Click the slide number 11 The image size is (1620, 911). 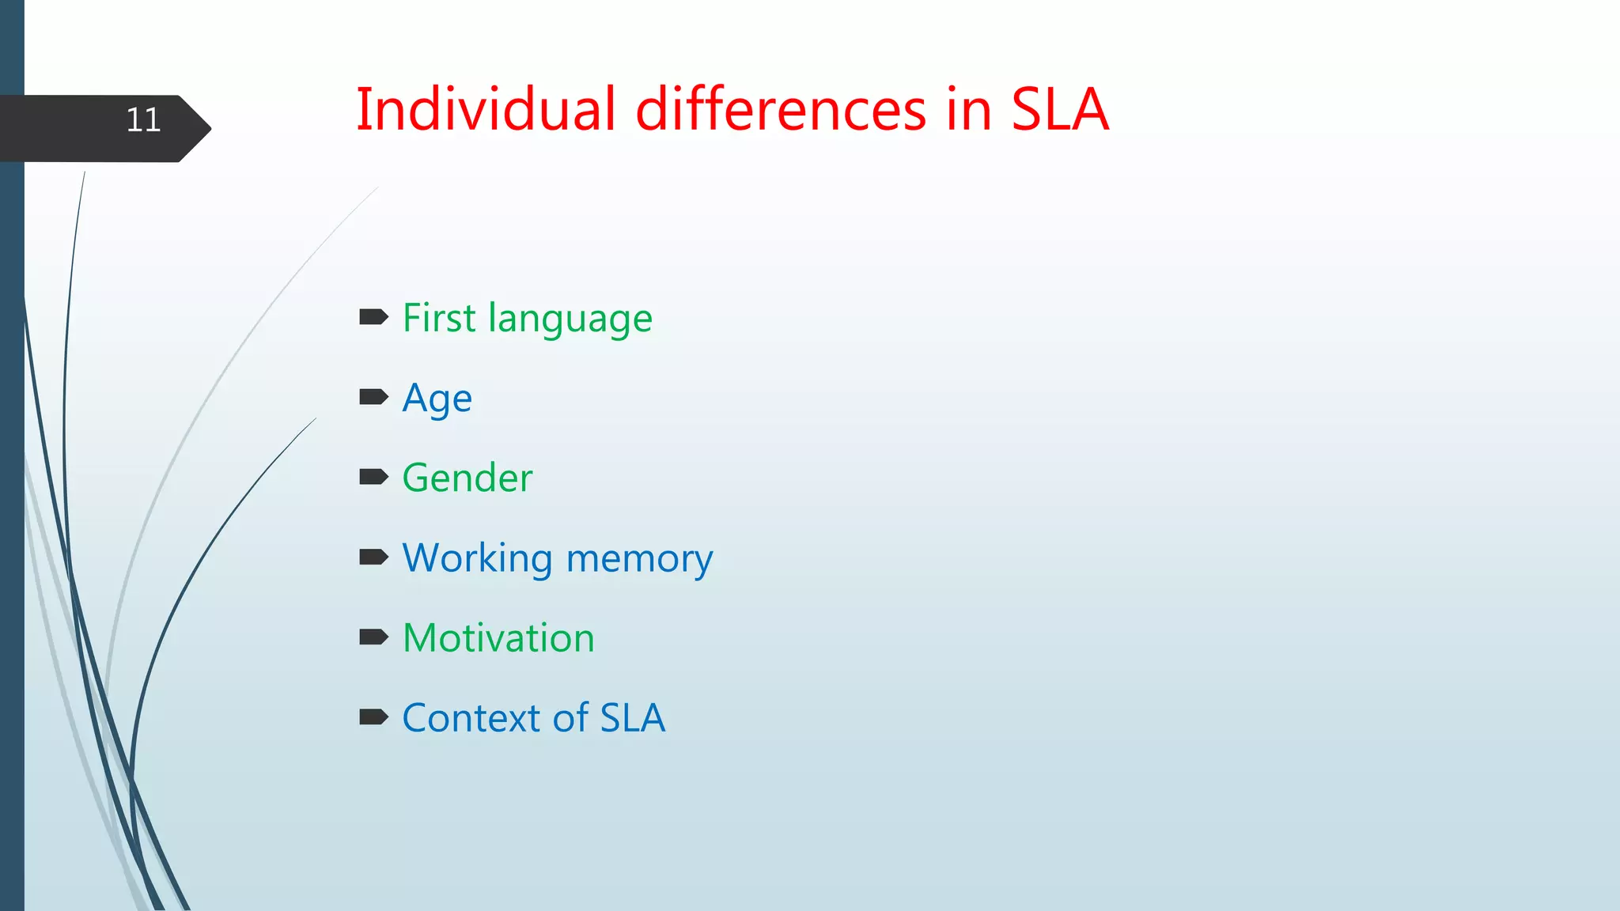coord(143,120)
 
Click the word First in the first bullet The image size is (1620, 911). coord(439,318)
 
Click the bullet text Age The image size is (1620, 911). coord(437,399)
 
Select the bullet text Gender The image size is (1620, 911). coord(467,478)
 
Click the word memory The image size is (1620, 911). coord(639,559)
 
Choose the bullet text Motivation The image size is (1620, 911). coord(498,638)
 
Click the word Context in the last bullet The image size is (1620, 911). coord(471,718)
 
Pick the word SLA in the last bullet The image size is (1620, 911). coord(632,718)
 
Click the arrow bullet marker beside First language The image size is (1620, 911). coord(373,318)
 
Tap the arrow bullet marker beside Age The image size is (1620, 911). coord(373,397)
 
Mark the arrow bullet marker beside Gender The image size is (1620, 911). coord(373,477)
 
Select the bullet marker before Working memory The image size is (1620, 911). coord(373,558)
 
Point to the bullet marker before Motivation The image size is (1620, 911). coord(373,637)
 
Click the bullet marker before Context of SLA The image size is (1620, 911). coord(373,717)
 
